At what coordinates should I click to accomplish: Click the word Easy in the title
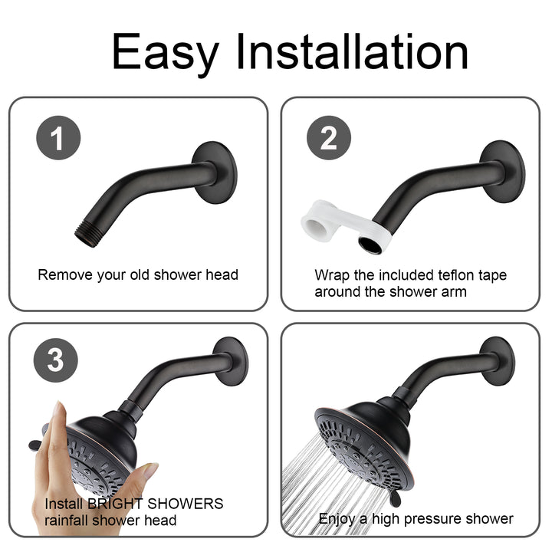coord(166,53)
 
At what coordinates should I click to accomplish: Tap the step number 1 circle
coord(58,139)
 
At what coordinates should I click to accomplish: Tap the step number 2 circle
coord(328,139)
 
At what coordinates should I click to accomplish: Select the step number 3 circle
coord(56,360)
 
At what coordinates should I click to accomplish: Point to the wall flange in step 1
coord(215,167)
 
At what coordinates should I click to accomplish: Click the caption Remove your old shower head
coord(138,274)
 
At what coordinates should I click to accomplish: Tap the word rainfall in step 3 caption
coord(71,521)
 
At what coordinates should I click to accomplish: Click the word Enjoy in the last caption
coord(337,519)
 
